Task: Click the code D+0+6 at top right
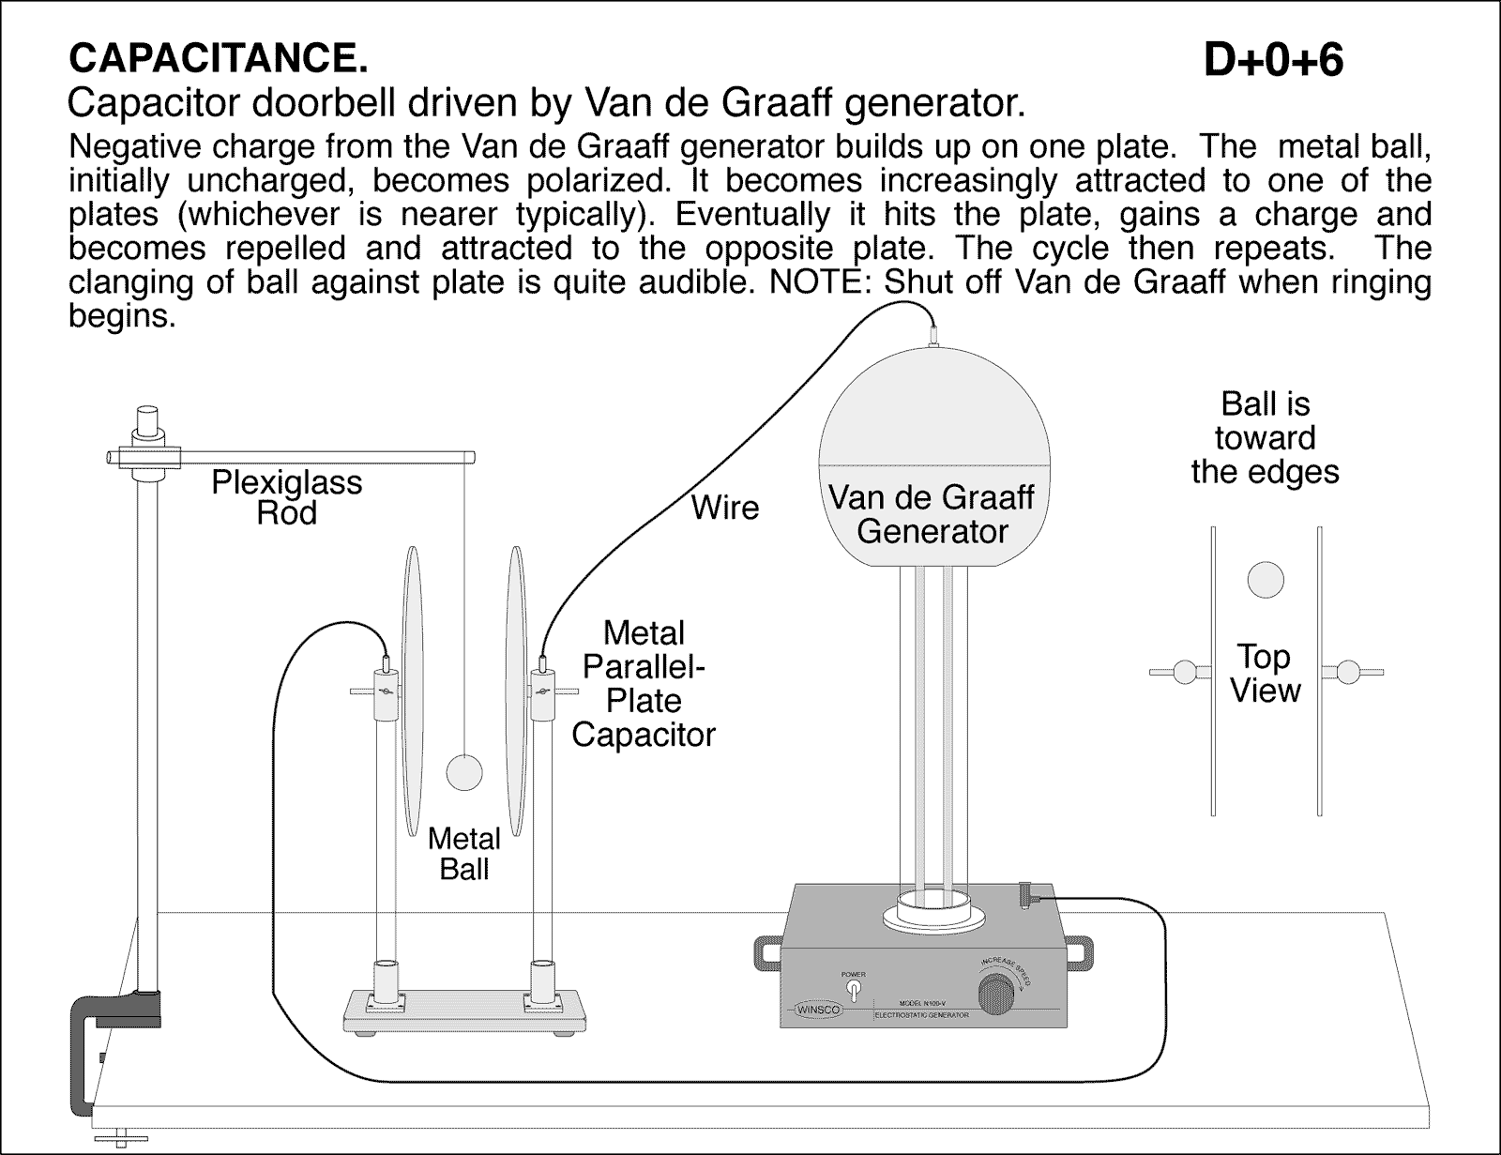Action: [x=1273, y=61]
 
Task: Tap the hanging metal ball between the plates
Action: [x=463, y=772]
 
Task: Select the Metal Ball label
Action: [x=464, y=853]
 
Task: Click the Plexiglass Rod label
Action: [x=286, y=497]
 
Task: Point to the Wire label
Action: [x=724, y=508]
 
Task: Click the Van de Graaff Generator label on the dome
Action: [x=932, y=514]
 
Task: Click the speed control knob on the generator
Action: [x=996, y=992]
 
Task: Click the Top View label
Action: [x=1265, y=674]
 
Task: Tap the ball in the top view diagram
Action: [x=1265, y=580]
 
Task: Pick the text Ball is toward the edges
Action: [x=1265, y=438]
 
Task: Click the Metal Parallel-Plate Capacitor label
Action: [x=644, y=683]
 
